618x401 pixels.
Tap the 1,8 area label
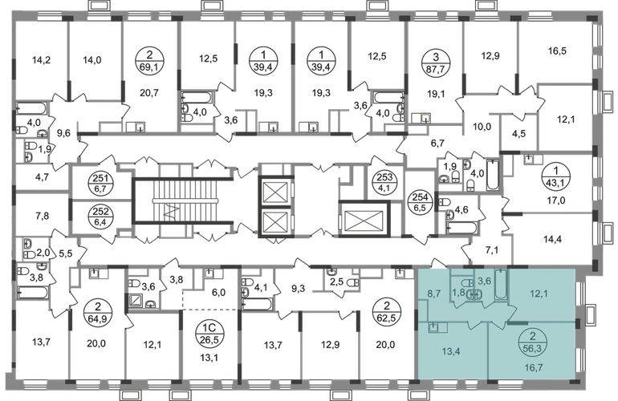click(x=458, y=293)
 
